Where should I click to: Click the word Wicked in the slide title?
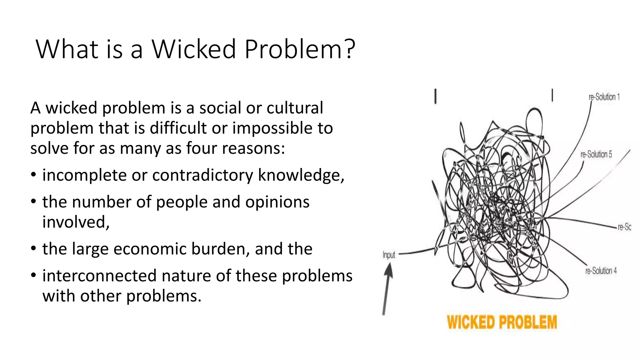click(x=193, y=49)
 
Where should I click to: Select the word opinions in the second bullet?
click(x=277, y=202)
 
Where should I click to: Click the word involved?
click(x=76, y=222)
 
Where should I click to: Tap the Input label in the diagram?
click(x=389, y=255)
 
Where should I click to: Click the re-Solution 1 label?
click(x=604, y=97)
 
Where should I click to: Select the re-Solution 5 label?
click(x=596, y=154)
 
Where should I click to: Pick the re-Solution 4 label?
click(x=601, y=271)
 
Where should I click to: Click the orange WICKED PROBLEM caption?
click(x=502, y=322)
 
